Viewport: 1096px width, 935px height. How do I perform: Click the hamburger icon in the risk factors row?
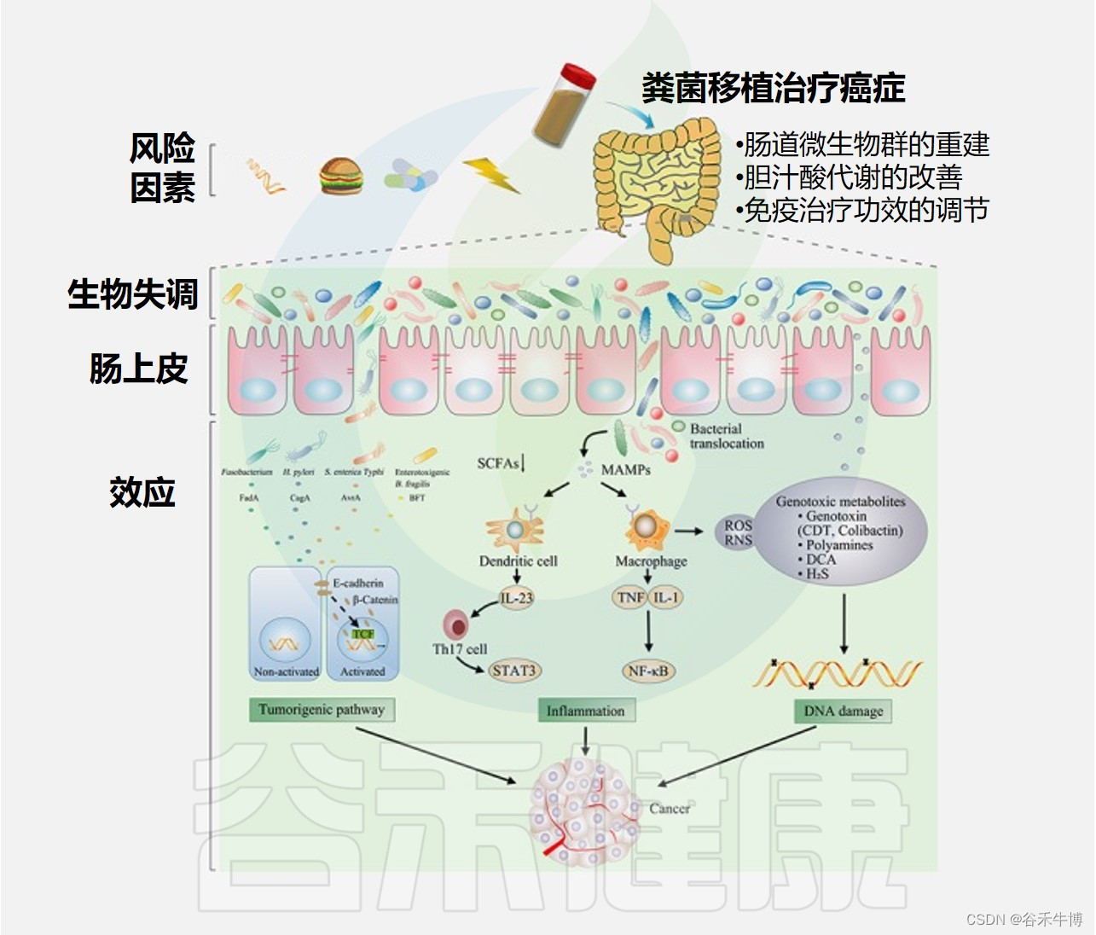pyautogui.click(x=342, y=177)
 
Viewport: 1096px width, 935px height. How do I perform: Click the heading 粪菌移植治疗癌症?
pyautogui.click(x=773, y=88)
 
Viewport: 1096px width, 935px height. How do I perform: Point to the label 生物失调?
pyautogui.click(x=133, y=294)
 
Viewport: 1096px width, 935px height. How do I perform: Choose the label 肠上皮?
pyautogui.click(x=138, y=369)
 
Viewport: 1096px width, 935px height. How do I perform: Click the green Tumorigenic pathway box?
pyautogui.click(x=322, y=710)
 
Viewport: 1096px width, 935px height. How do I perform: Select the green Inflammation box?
pyautogui.click(x=585, y=711)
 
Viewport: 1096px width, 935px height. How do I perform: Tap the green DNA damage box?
pyautogui.click(x=843, y=711)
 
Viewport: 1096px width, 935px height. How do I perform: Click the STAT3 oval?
pyautogui.click(x=513, y=671)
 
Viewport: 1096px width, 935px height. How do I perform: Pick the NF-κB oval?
pyautogui.click(x=648, y=671)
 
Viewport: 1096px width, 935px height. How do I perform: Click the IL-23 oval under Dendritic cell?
pyautogui.click(x=516, y=598)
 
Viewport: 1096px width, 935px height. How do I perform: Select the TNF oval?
pyautogui.click(x=630, y=598)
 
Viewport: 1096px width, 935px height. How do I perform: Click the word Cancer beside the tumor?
pyautogui.click(x=670, y=808)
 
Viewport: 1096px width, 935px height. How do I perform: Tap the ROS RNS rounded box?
pyautogui.click(x=738, y=532)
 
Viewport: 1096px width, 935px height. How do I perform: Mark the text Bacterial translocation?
pyautogui.click(x=727, y=436)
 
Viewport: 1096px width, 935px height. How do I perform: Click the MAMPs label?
pyautogui.click(x=625, y=469)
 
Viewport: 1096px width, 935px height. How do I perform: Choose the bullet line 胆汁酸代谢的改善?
pyautogui.click(x=852, y=177)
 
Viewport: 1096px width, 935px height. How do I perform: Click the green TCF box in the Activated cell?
pyautogui.click(x=363, y=633)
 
